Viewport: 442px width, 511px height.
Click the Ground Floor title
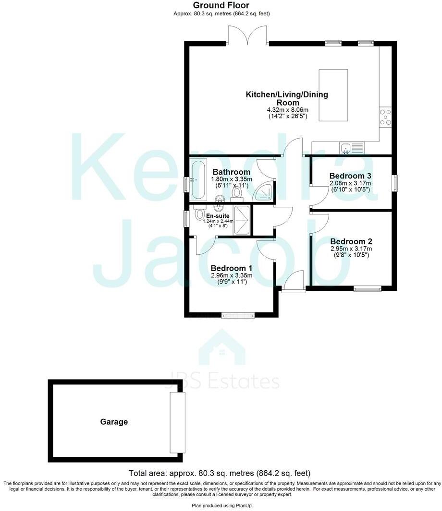[221, 5]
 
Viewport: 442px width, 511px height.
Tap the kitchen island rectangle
[333, 95]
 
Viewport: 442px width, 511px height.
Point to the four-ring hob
[385, 117]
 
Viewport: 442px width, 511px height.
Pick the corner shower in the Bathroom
[265, 191]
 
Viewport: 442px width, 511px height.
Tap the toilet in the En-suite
[200, 213]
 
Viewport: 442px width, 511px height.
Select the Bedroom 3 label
[350, 176]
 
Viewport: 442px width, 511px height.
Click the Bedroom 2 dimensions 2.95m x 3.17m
[351, 249]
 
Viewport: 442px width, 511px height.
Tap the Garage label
[114, 422]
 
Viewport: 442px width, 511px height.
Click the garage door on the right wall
[177, 422]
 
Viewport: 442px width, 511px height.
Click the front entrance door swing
[295, 280]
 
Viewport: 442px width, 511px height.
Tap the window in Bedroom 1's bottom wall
[238, 315]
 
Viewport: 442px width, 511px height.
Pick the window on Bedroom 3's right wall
[395, 183]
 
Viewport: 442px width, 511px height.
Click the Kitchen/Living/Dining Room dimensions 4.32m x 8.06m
[287, 110]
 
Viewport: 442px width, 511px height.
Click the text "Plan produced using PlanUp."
[221, 506]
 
